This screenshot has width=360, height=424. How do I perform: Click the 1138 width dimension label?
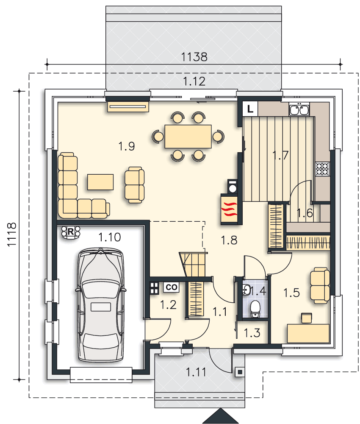(194, 57)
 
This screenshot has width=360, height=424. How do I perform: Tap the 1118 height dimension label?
(12, 234)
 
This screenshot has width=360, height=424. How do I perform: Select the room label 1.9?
(126, 146)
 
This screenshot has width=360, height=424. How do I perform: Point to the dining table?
(188, 136)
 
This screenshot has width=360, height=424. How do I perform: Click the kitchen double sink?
(299, 109)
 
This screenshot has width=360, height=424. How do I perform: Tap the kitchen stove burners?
(322, 169)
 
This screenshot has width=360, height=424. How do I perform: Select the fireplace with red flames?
(230, 209)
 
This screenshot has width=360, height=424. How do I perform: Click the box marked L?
(250, 109)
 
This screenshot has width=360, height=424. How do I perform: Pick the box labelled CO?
(171, 287)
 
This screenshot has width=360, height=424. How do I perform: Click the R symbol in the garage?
(70, 232)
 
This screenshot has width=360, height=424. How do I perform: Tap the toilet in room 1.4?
(255, 309)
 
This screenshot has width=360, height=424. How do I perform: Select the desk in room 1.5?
(308, 333)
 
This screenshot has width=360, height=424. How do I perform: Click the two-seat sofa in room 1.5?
(320, 285)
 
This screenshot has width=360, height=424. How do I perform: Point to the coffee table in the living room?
(100, 182)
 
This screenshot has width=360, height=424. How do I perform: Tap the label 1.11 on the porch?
(196, 372)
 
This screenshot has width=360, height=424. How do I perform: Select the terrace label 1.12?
(194, 81)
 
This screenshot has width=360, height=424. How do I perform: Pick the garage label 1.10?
(109, 237)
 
